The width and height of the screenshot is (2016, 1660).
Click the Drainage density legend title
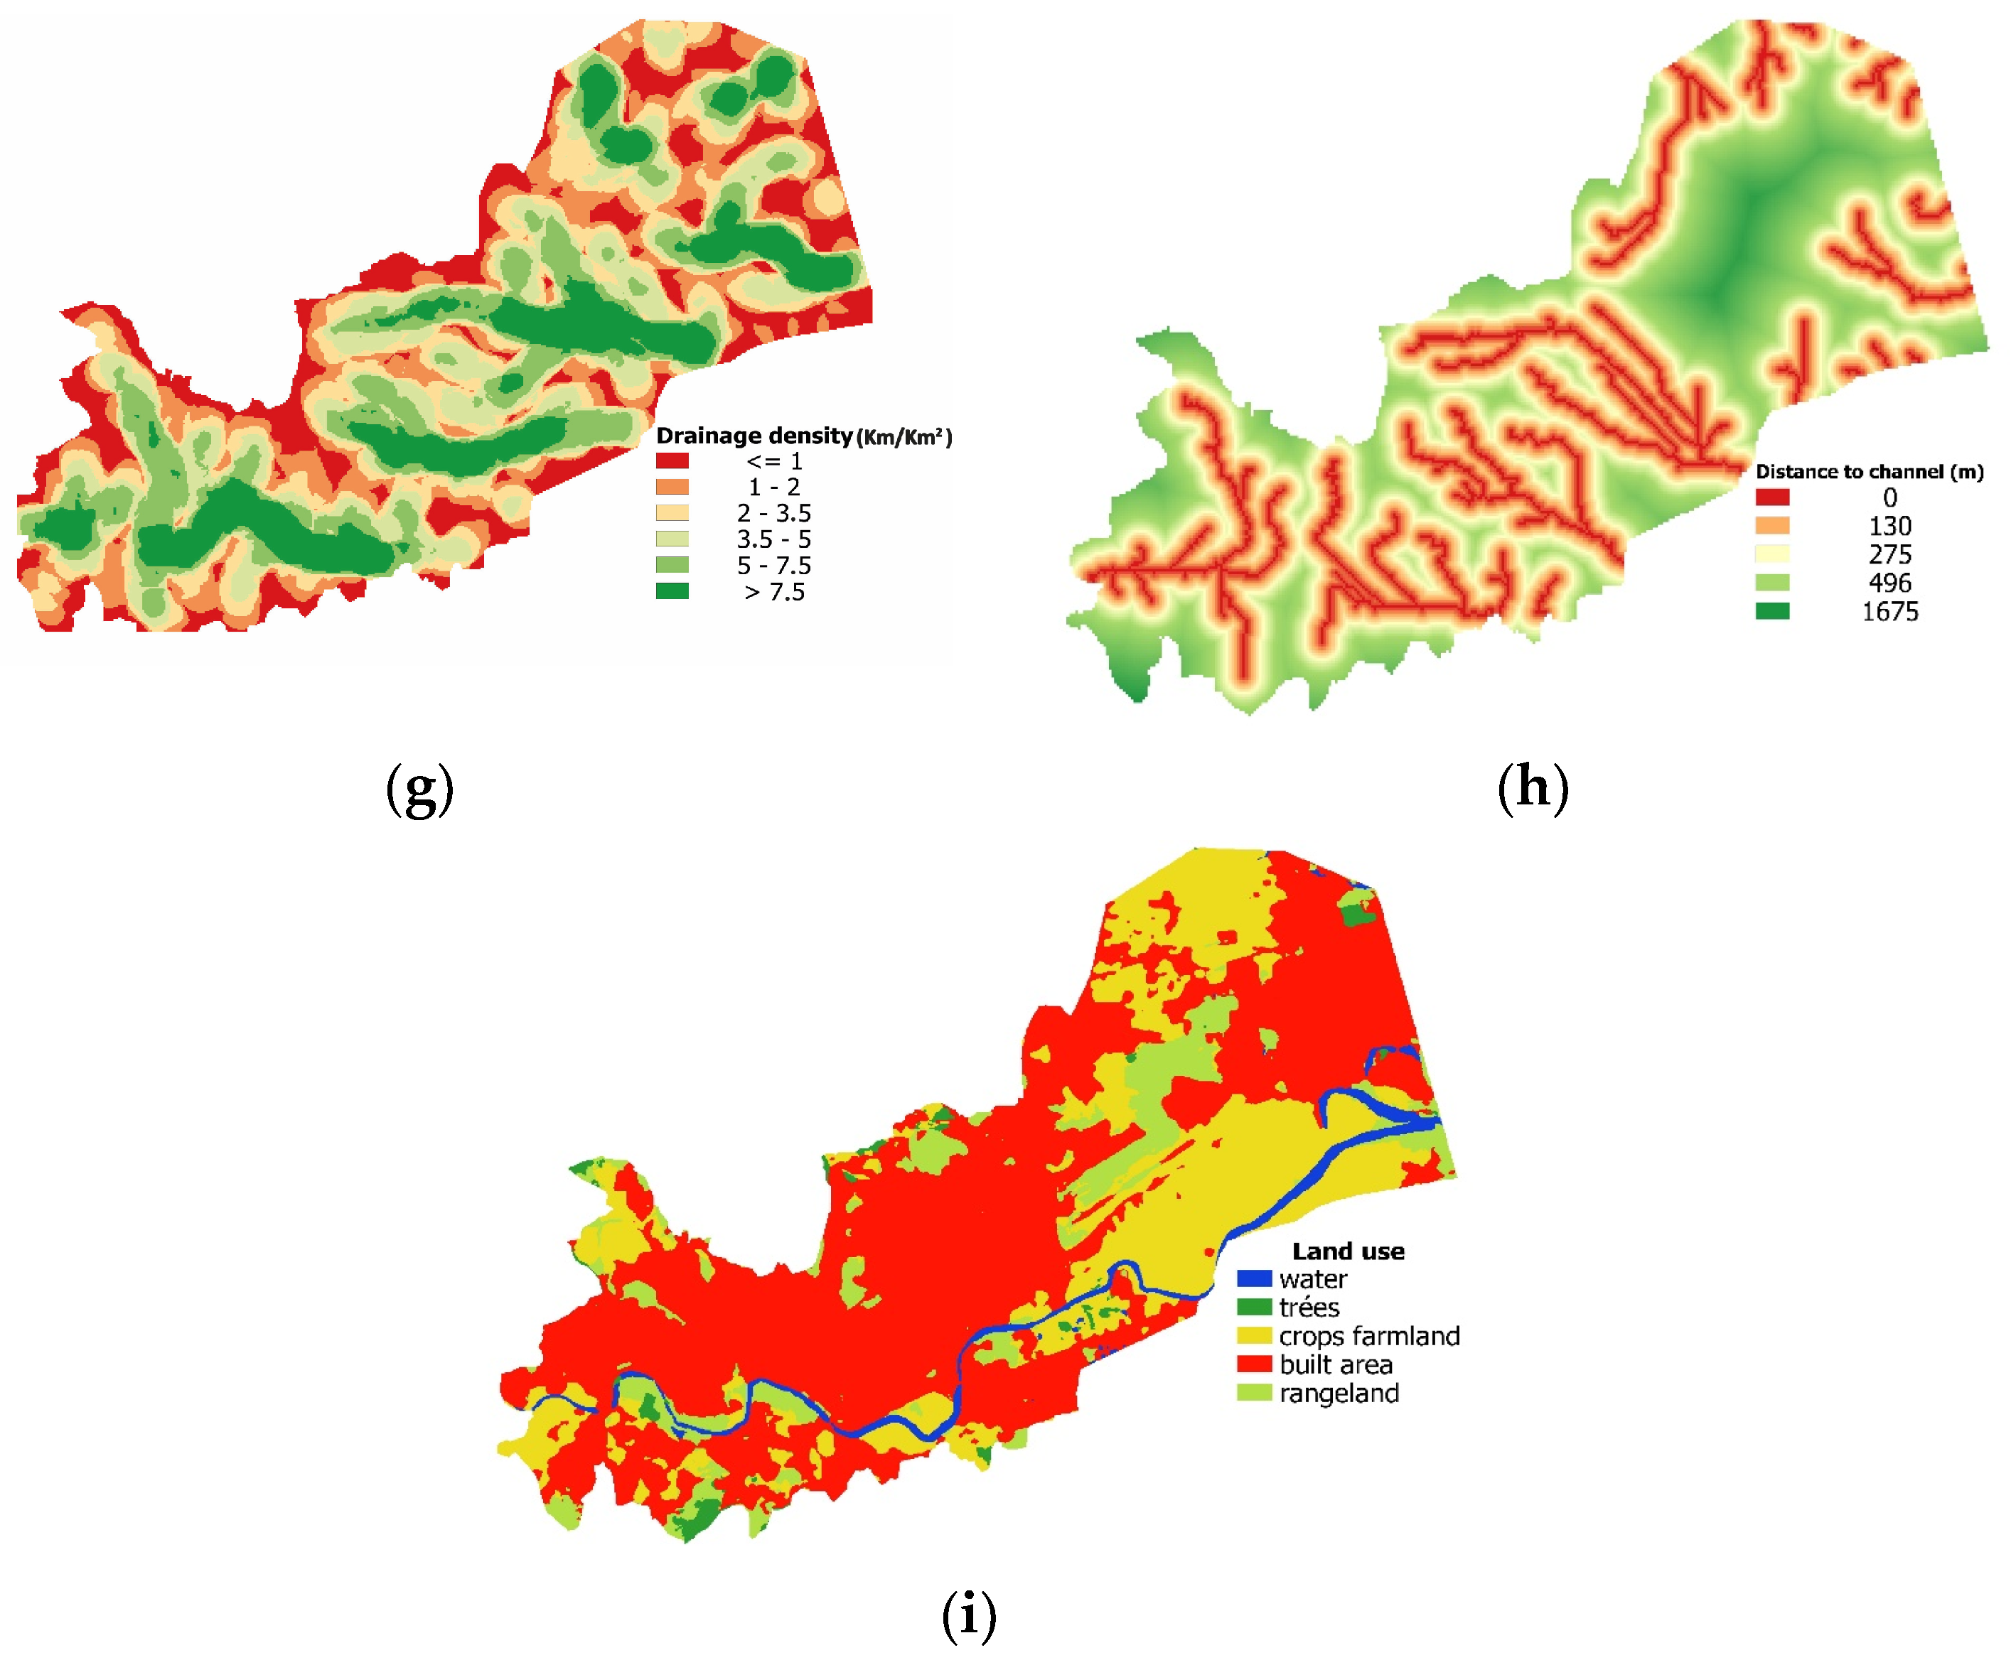pyautogui.click(x=803, y=436)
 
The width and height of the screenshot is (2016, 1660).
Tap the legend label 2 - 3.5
pyautogui.click(x=773, y=514)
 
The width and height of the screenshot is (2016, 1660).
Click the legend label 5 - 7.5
pyautogui.click(x=773, y=565)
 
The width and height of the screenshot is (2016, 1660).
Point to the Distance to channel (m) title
pyautogui.click(x=1869, y=471)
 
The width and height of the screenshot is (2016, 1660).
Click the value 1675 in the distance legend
pyautogui.click(x=1889, y=611)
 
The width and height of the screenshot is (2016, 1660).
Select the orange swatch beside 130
pyautogui.click(x=1771, y=525)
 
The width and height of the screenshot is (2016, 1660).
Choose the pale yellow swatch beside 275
pyautogui.click(x=1771, y=554)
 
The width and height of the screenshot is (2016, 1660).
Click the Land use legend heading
pyautogui.click(x=1348, y=1251)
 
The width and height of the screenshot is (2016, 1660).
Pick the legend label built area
pyautogui.click(x=1335, y=1364)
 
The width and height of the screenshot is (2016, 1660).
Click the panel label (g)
pyautogui.click(x=419, y=788)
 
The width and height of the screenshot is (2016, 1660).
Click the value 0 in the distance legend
pyautogui.click(x=1889, y=497)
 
